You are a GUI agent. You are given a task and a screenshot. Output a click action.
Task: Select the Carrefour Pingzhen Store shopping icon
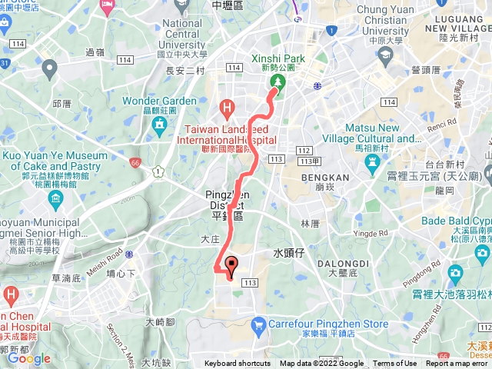click(x=258, y=303)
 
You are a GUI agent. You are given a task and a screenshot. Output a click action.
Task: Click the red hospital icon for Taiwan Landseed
click(x=226, y=107)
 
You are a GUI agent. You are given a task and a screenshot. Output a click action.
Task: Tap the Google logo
click(x=29, y=358)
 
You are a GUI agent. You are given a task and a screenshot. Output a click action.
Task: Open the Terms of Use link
click(x=394, y=364)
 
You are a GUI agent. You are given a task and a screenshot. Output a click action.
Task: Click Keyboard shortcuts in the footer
click(x=237, y=364)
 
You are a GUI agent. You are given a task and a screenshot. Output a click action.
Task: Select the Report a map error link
click(x=458, y=364)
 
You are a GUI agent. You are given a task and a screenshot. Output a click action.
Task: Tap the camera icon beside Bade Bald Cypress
click(x=455, y=273)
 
